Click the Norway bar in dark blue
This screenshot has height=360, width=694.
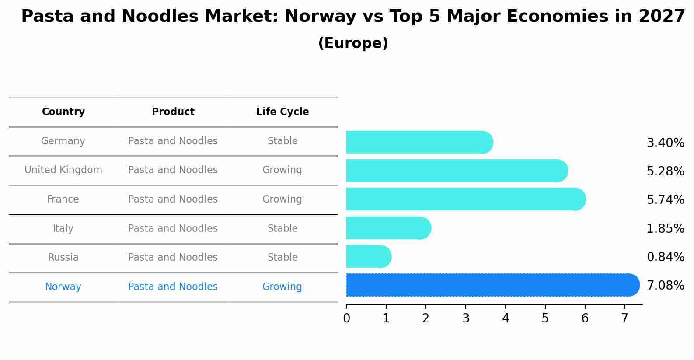click(490, 285)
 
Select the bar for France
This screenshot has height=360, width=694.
click(464, 199)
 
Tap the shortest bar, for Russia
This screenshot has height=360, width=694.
click(367, 256)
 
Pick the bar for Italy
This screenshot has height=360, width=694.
click(387, 228)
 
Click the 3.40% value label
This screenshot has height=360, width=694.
click(665, 143)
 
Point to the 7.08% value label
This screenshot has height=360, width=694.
click(665, 286)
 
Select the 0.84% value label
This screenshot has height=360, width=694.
click(665, 257)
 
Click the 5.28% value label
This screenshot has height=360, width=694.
click(665, 171)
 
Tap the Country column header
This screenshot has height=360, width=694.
click(63, 112)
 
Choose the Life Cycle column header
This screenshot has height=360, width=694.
click(282, 112)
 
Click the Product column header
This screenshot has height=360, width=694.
click(173, 112)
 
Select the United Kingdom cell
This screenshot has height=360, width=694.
click(63, 170)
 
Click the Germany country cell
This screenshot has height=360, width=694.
click(63, 141)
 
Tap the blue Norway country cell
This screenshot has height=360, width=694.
click(63, 287)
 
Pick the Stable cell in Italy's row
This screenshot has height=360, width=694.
click(282, 229)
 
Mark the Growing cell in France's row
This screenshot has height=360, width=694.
click(282, 199)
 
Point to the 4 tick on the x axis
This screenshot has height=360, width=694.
click(506, 318)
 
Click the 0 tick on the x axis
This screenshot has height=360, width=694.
click(346, 318)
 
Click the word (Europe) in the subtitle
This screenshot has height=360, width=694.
click(353, 43)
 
